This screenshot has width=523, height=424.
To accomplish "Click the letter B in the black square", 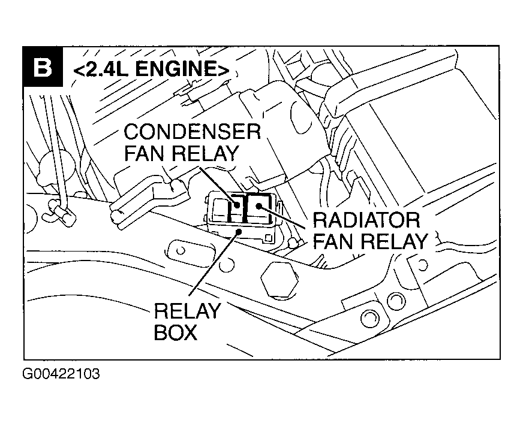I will tap(41, 68).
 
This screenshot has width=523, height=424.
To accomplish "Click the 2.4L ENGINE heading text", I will tap(150, 69).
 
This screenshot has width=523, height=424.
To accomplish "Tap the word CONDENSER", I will tap(192, 132).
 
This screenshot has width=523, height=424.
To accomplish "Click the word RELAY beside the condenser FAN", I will tap(204, 153).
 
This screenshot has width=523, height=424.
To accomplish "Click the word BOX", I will tap(175, 332).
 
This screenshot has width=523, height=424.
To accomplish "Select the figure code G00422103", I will tap(61, 375).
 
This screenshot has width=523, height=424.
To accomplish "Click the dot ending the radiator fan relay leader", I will tap(259, 206).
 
